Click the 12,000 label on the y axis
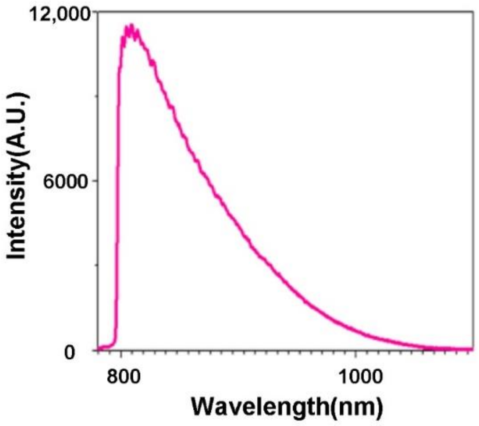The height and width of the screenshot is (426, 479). tap(59, 15)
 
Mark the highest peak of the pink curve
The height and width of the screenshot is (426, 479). tap(132, 25)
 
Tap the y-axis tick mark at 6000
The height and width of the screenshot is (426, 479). tap(96, 181)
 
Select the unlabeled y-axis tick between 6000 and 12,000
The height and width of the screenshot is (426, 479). tap(96, 96)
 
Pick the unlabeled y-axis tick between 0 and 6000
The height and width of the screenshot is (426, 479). tap(96, 265)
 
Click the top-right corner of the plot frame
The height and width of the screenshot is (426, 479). tap(473, 12)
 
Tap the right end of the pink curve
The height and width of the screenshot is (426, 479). tap(472, 349)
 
